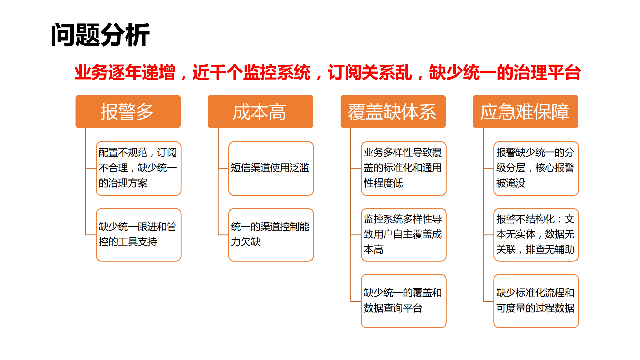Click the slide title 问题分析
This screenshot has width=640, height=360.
(100, 35)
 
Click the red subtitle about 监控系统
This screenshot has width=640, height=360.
(327, 72)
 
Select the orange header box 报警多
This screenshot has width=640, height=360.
(128, 111)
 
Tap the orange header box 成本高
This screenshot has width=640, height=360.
(260, 111)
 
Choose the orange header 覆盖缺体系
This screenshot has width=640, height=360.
(393, 111)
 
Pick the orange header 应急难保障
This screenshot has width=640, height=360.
(525, 111)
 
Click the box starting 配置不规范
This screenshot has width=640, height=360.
(138, 168)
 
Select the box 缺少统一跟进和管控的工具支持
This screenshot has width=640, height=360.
(138, 234)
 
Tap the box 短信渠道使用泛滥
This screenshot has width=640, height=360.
(271, 168)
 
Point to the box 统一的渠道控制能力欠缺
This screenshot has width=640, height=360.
(271, 234)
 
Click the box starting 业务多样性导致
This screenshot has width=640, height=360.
(403, 168)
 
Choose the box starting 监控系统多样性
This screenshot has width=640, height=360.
(403, 234)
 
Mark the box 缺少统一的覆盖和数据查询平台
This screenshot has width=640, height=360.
(403, 301)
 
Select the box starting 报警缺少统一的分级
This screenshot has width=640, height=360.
(536, 168)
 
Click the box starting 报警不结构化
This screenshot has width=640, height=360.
(536, 234)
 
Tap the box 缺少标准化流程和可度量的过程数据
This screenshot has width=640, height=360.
(536, 301)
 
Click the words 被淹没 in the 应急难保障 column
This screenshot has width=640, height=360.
(511, 183)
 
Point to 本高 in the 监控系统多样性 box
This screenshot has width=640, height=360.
(373, 249)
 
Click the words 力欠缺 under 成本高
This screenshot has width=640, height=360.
(246, 242)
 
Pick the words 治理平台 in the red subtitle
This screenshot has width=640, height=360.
(547, 72)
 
